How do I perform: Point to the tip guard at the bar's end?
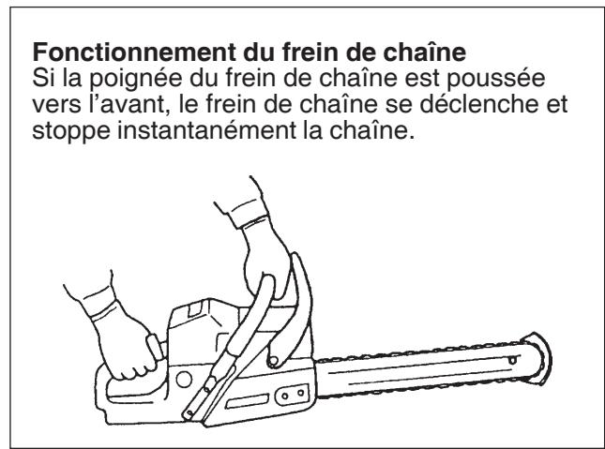tap(537, 357)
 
